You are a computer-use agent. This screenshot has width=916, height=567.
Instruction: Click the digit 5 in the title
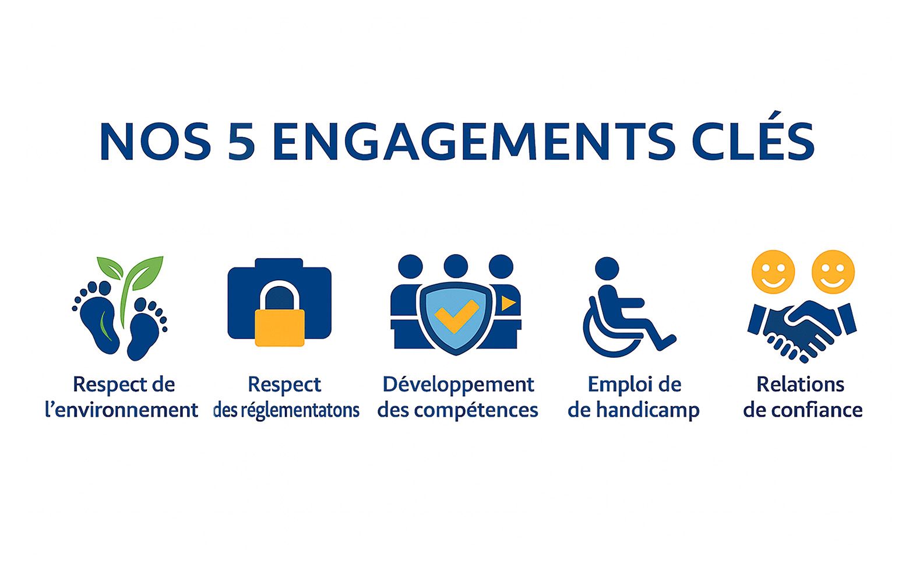(241, 142)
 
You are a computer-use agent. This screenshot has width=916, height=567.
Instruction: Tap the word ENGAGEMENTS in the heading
(473, 142)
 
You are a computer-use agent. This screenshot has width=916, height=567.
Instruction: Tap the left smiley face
(773, 272)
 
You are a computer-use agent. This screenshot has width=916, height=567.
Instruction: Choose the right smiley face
(833, 272)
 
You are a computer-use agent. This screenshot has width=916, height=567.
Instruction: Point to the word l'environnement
(121, 410)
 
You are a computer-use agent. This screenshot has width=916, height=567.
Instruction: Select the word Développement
(458, 385)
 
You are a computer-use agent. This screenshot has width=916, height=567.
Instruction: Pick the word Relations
(800, 385)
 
